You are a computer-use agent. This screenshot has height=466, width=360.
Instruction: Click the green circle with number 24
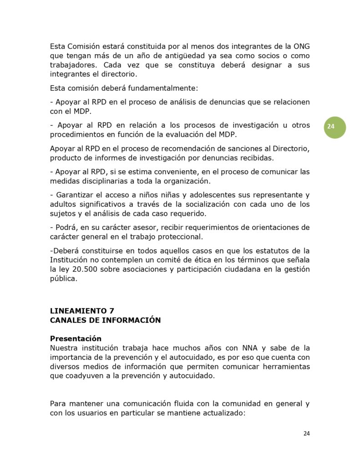point(335,127)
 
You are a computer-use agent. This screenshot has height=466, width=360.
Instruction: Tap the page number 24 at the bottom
point(306,433)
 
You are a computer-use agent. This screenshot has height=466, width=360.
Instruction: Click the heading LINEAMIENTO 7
point(82,311)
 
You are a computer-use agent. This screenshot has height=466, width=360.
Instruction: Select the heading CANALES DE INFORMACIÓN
point(105,320)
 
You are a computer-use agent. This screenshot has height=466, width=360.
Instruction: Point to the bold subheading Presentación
point(76,339)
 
